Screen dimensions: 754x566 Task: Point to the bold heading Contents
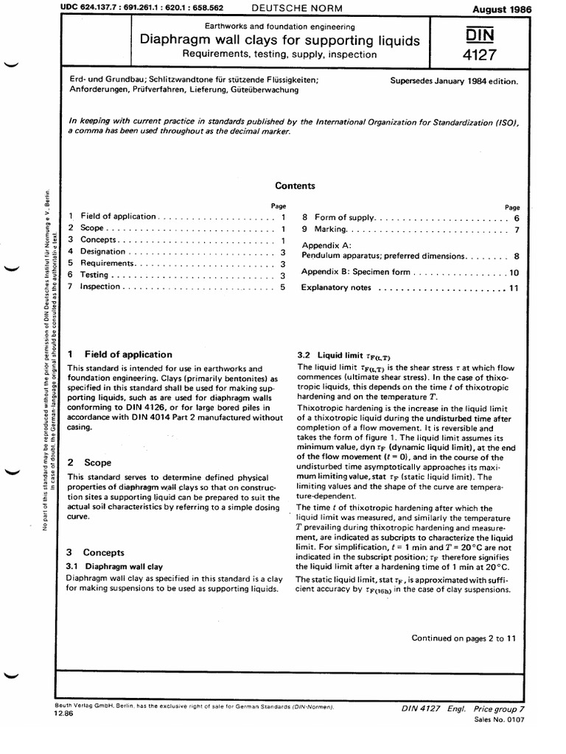coord(295,186)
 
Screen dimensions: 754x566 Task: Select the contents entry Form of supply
coord(345,218)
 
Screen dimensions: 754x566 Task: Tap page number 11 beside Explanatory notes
coord(514,287)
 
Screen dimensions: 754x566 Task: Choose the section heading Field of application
coord(128,354)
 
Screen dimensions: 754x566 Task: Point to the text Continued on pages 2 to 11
coord(463,638)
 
